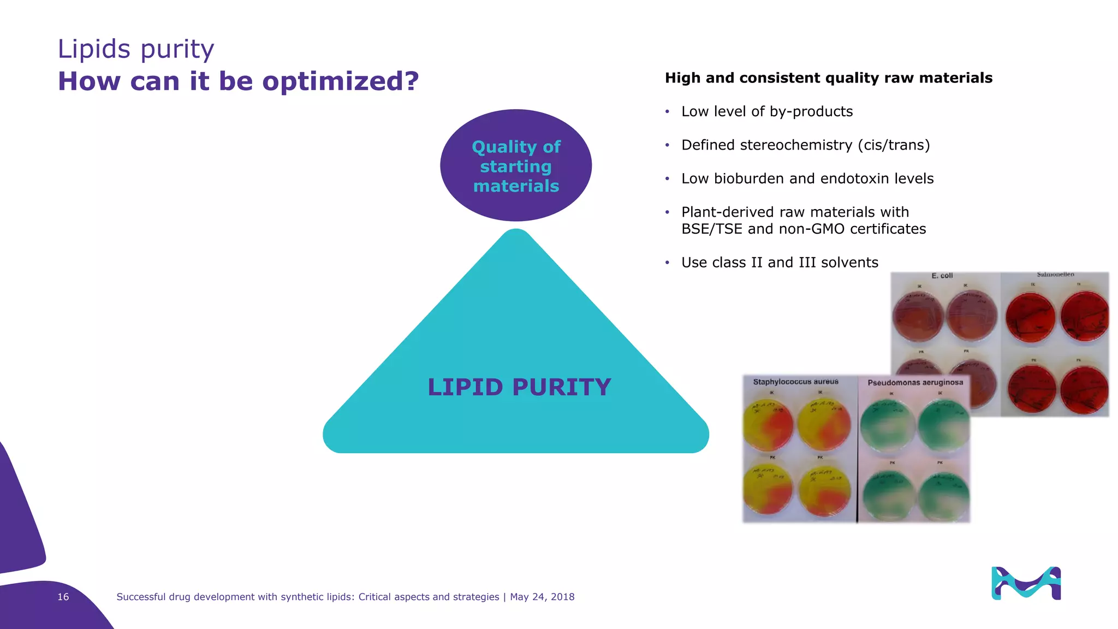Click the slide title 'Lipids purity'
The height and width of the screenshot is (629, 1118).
pyautogui.click(x=136, y=49)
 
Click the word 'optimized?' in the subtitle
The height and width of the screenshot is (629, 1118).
pyautogui.click(x=340, y=81)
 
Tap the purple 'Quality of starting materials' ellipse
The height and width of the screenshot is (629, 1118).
pyautogui.click(x=516, y=165)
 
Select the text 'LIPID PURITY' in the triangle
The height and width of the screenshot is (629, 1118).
pyautogui.click(x=519, y=387)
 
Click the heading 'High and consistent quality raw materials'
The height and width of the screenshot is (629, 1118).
pyautogui.click(x=828, y=78)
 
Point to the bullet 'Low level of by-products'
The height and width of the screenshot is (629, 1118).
pyautogui.click(x=766, y=111)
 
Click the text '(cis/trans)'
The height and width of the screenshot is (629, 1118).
pyautogui.click(x=894, y=145)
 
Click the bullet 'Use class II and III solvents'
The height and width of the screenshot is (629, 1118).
pyautogui.click(x=780, y=263)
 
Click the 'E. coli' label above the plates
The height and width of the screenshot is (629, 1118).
pyautogui.click(x=942, y=276)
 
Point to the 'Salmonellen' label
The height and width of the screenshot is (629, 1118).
pyautogui.click(x=1055, y=275)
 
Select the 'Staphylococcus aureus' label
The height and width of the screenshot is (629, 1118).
pyautogui.click(x=795, y=382)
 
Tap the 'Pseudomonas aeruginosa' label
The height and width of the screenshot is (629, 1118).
pyautogui.click(x=915, y=383)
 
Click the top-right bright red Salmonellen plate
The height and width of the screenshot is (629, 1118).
pyautogui.click(x=1085, y=317)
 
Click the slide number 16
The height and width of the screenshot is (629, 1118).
pyautogui.click(x=63, y=597)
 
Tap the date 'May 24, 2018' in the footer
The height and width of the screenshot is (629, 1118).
pyautogui.click(x=542, y=597)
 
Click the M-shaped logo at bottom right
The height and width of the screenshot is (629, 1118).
pyautogui.click(x=1026, y=584)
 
